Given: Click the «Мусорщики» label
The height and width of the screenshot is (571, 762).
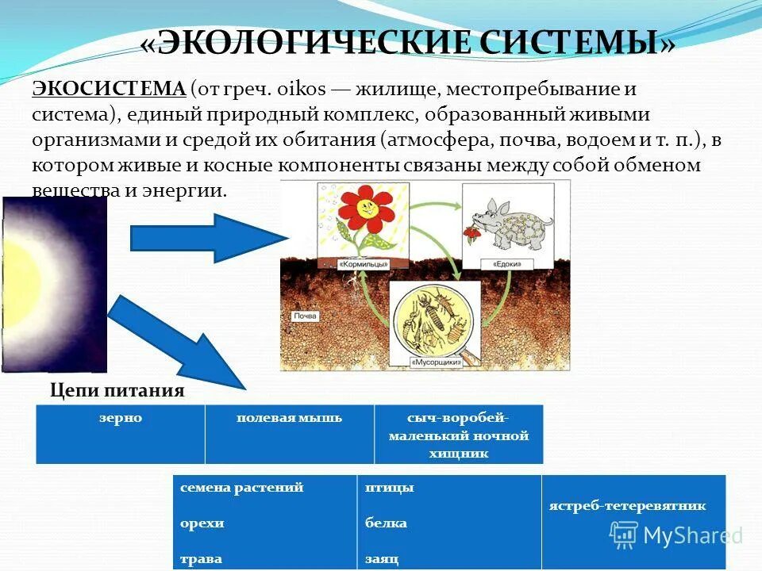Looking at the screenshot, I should pyautogui.click(x=435, y=362).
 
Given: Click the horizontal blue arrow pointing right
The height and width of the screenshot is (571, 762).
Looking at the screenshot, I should pyautogui.click(x=206, y=238).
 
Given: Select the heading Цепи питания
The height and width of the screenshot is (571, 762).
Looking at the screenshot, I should pyautogui.click(x=117, y=390).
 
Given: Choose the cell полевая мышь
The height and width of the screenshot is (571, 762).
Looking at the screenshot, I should pyautogui.click(x=289, y=418).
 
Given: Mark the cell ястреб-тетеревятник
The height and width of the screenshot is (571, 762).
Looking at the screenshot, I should pyautogui.click(x=627, y=506).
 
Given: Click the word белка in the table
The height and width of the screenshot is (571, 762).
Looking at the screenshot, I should pyautogui.click(x=386, y=523).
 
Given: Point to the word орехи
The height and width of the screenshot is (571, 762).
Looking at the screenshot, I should pyautogui.click(x=202, y=523).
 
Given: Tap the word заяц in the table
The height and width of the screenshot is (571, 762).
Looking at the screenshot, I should pyautogui.click(x=382, y=558).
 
